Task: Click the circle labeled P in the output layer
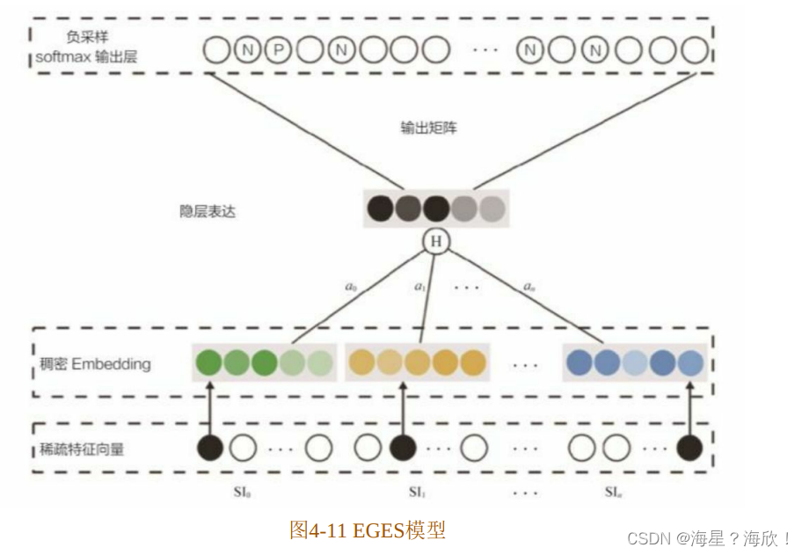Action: tap(278, 50)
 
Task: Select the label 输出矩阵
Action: tap(428, 128)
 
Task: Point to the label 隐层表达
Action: tap(207, 212)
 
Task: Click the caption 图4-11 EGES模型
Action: tap(368, 529)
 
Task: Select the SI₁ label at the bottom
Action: tap(418, 492)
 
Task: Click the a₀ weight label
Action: tap(352, 287)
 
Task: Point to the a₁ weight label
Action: tap(419, 287)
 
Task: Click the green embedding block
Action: tap(265, 362)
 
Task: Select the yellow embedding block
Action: tap(417, 362)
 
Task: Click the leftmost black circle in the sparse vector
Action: tap(209, 448)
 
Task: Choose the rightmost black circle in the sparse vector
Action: tap(689, 448)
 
